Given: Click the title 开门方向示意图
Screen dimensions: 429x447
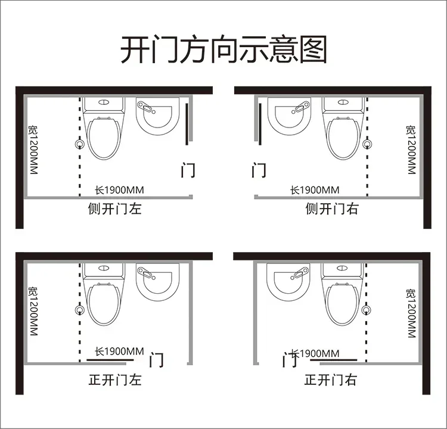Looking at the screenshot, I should pos(223,50).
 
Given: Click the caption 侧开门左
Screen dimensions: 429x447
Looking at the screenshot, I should pos(115,209).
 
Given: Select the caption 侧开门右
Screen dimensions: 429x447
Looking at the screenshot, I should pos(332,209).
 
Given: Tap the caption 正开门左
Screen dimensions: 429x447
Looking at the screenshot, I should pos(115,379).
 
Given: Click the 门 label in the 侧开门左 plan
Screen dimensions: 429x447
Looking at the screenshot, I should pos(188,170).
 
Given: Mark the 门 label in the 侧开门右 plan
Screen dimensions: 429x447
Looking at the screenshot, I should pos(259,170).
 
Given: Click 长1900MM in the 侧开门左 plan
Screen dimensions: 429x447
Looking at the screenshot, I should pos(119,190).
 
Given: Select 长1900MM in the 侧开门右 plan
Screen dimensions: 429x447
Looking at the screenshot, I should pos(315,190).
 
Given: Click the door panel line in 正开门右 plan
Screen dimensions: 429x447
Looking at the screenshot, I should pos(339,360).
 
